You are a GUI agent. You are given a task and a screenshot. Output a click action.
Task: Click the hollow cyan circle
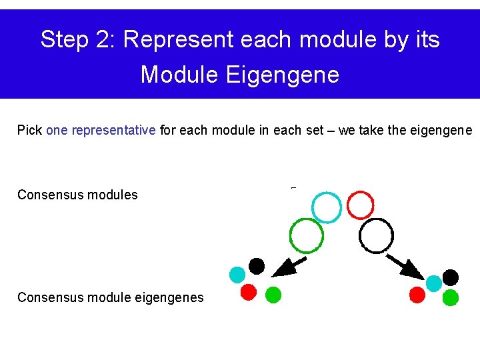(327, 207)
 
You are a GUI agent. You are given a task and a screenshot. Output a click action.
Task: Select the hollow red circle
(360, 205)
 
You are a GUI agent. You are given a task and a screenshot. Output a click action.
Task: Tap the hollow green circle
(307, 236)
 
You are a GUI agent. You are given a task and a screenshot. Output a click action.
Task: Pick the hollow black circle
(377, 235)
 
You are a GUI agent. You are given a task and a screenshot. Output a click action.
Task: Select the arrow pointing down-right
(405, 266)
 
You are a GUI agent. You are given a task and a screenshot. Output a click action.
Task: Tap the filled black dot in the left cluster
(256, 266)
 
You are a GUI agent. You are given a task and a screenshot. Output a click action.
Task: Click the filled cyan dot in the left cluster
(237, 275)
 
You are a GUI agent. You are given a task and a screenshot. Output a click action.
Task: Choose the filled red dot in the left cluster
(248, 291)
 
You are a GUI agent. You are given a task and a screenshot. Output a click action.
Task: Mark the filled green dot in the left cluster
(273, 295)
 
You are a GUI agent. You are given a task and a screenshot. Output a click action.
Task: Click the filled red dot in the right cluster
(417, 294)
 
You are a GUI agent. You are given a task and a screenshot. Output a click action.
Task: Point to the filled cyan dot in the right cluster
(434, 283)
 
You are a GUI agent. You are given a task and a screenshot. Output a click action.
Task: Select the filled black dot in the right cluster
(451, 277)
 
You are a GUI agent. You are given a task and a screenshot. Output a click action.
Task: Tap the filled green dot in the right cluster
(451, 297)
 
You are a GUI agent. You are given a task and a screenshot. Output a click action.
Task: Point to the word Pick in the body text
(29, 130)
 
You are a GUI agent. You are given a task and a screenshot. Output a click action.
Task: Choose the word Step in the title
(64, 40)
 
